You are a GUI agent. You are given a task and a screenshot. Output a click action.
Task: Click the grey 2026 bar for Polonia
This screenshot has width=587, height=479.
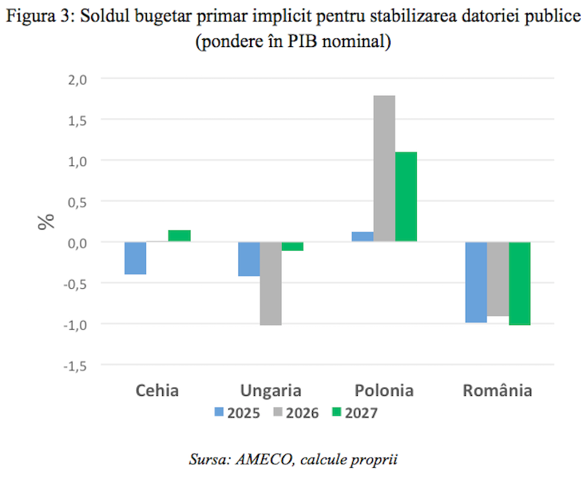click(x=384, y=168)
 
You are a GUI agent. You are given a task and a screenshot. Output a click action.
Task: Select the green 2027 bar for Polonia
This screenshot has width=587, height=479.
click(x=406, y=196)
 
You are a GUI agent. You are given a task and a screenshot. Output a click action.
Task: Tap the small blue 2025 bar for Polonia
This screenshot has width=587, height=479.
click(x=363, y=236)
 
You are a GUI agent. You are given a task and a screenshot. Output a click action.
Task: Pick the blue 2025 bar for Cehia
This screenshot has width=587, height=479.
click(x=135, y=258)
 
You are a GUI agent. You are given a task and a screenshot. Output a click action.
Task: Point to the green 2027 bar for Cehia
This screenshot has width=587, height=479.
click(x=179, y=236)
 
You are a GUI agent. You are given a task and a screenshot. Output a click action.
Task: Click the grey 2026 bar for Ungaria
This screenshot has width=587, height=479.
click(x=271, y=283)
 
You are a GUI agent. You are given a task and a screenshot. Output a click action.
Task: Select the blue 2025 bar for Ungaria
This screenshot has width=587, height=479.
click(x=249, y=259)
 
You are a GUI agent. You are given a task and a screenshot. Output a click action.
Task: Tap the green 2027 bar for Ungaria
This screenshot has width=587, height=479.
click(x=292, y=246)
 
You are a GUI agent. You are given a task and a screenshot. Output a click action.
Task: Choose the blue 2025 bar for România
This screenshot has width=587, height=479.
click(x=476, y=282)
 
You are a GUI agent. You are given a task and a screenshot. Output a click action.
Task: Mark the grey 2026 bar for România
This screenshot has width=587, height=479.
click(x=498, y=279)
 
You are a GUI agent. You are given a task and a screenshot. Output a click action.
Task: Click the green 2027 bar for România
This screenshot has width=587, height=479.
click(x=519, y=283)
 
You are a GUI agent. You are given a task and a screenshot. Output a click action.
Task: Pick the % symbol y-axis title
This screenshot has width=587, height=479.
click(x=46, y=222)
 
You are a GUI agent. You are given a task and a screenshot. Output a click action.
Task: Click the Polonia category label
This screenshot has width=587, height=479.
click(x=384, y=391)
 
